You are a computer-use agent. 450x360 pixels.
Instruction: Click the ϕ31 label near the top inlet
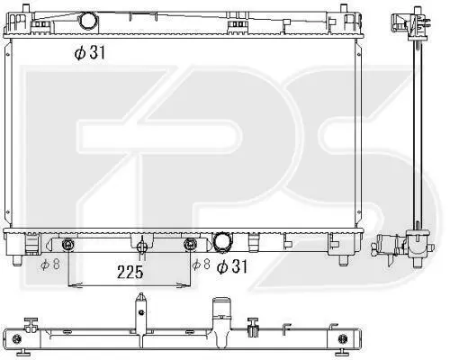coord(90,53)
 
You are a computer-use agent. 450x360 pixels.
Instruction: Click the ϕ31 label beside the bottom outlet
coord(232,266)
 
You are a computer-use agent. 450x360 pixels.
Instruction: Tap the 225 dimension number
coord(130,273)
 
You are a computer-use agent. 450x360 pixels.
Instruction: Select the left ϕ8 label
coord(50,264)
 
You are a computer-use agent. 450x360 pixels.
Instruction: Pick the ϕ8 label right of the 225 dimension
coord(201,264)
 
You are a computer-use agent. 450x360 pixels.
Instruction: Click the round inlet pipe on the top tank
coord(88,21)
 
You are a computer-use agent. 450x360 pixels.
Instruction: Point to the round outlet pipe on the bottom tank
coord(222,241)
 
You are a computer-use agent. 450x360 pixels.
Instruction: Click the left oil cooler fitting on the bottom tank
coord(68,245)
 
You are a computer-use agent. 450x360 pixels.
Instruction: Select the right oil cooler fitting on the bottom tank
coord(189,244)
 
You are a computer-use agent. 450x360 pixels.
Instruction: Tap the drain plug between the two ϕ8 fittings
coord(141,247)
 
